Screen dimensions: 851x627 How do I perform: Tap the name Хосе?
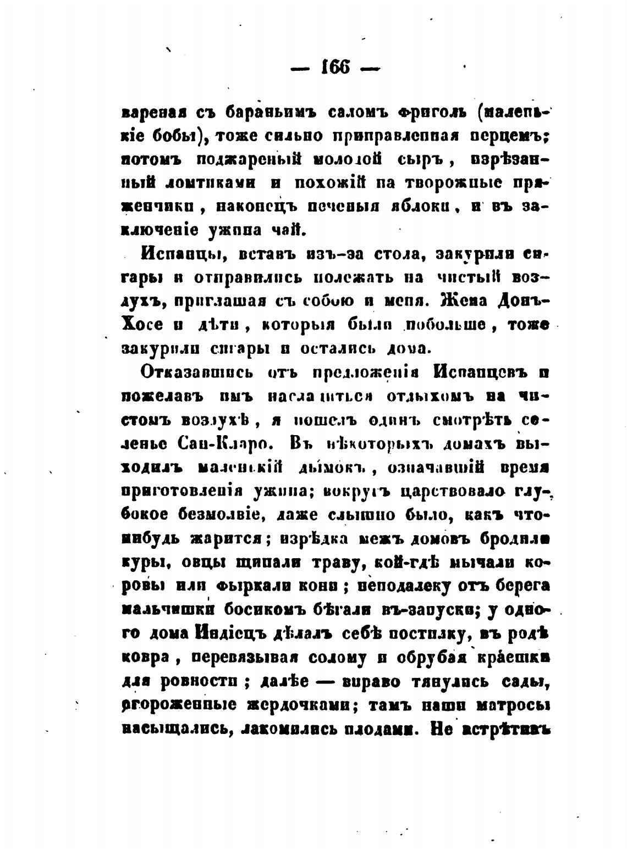(x=141, y=325)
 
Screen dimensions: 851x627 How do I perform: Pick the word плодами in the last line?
(x=384, y=727)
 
